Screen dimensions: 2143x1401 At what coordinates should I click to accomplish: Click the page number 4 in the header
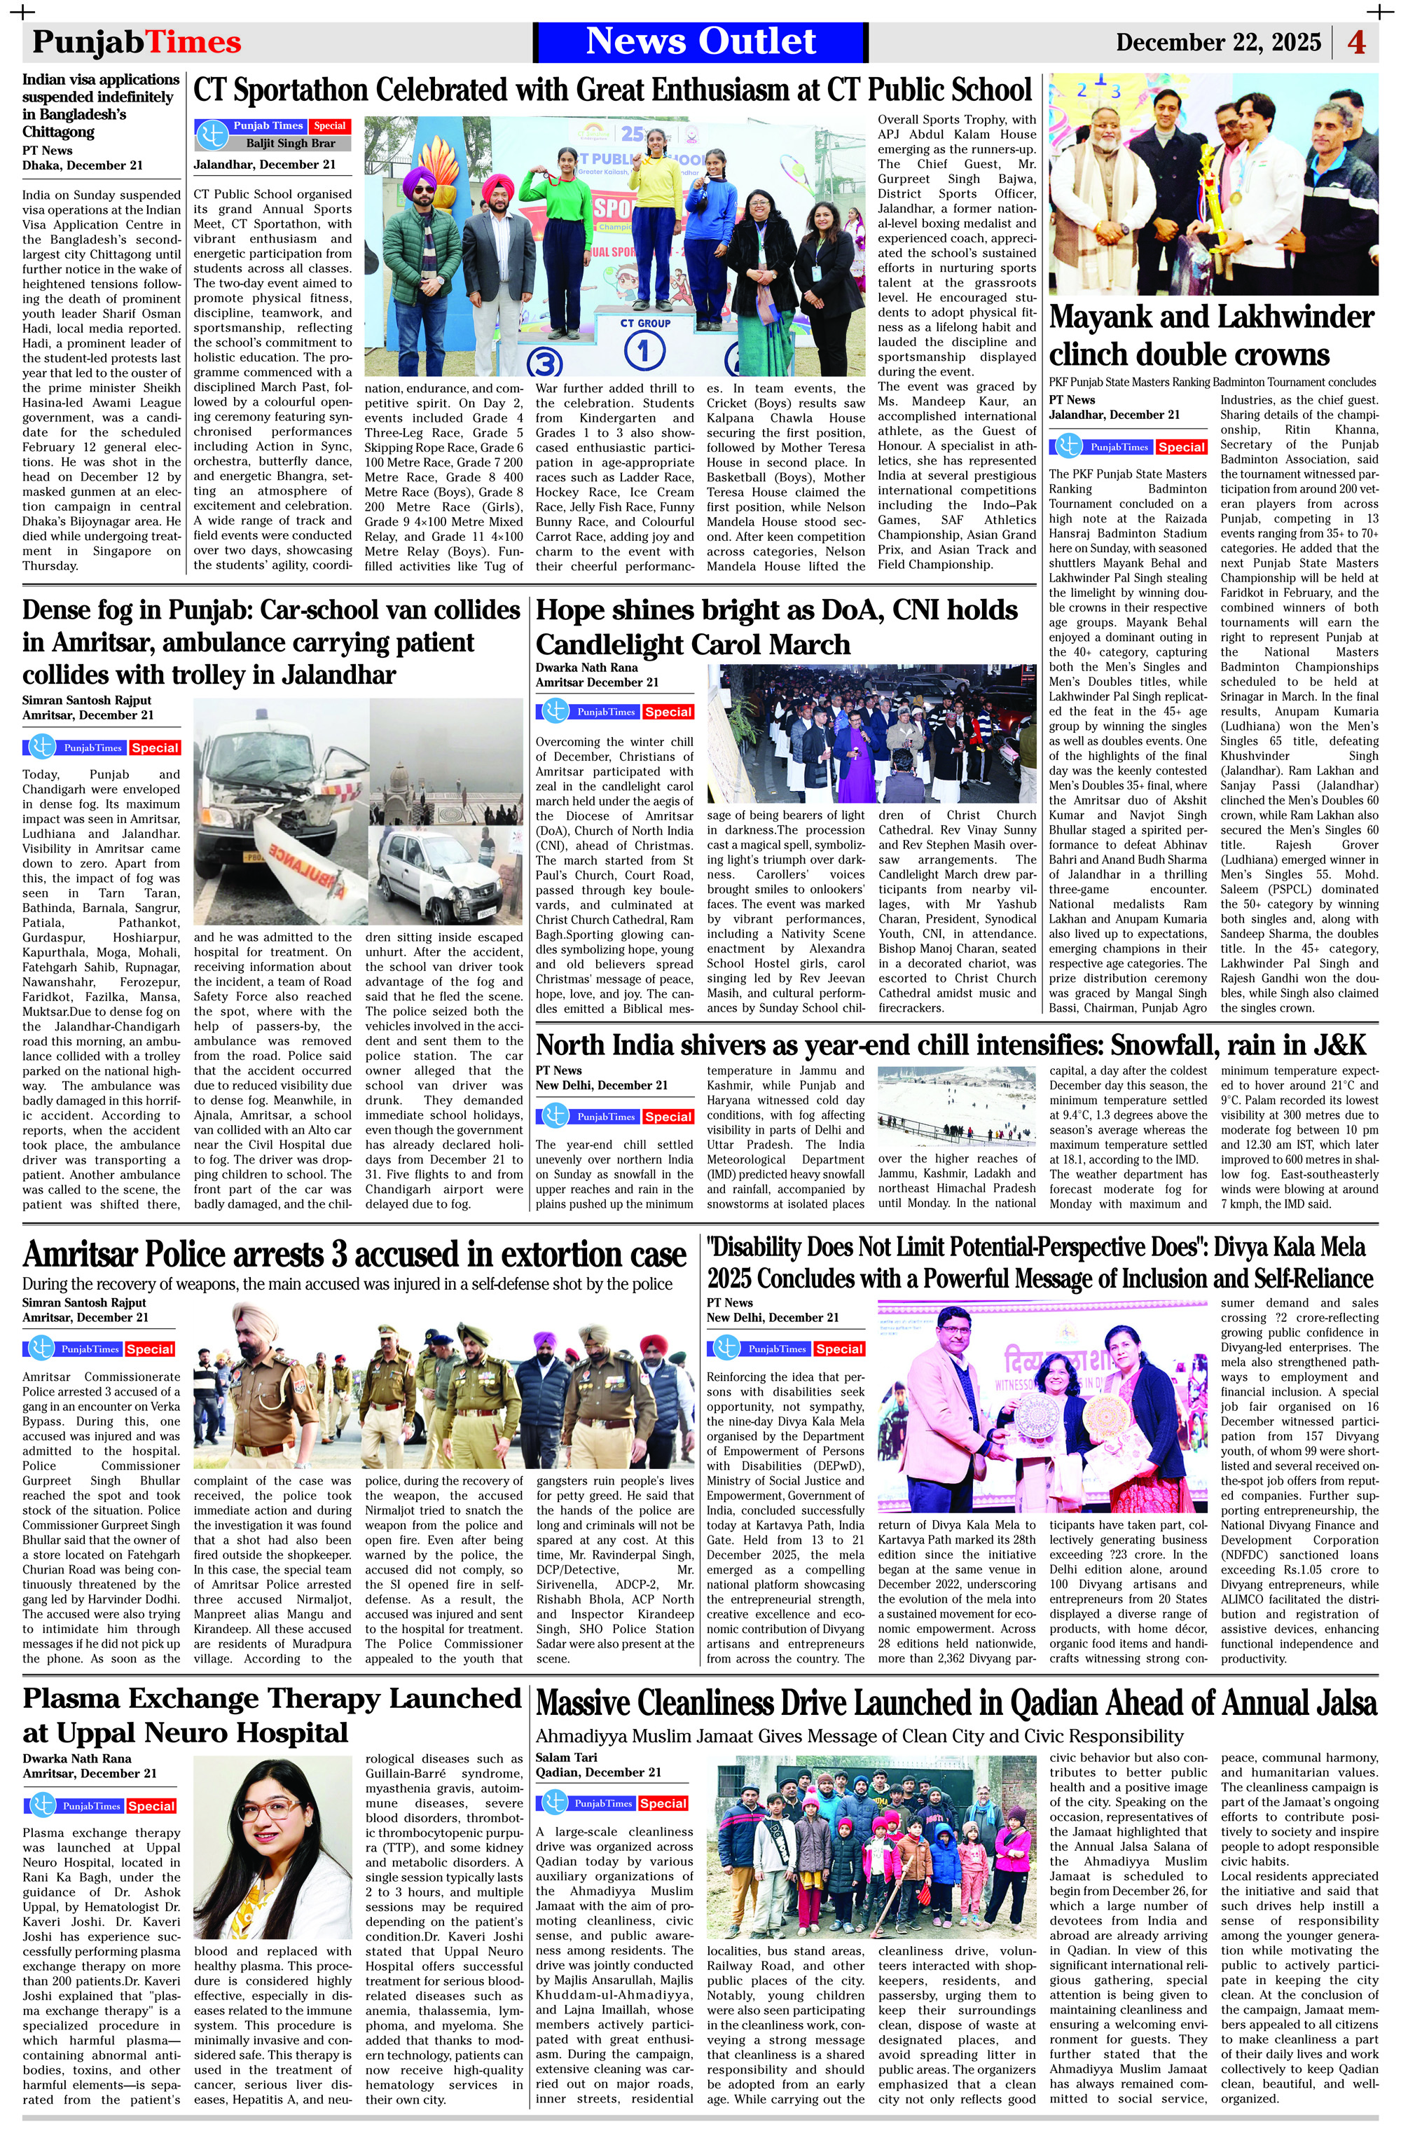click(1356, 41)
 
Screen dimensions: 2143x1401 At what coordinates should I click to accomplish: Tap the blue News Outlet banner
click(700, 41)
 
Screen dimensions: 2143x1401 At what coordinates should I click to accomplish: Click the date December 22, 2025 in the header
click(1221, 42)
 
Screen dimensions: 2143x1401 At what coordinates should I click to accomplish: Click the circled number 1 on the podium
click(644, 351)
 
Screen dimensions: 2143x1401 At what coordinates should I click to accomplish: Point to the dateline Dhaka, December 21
click(82, 165)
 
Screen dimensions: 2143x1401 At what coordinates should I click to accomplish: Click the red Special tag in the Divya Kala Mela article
click(839, 1349)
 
